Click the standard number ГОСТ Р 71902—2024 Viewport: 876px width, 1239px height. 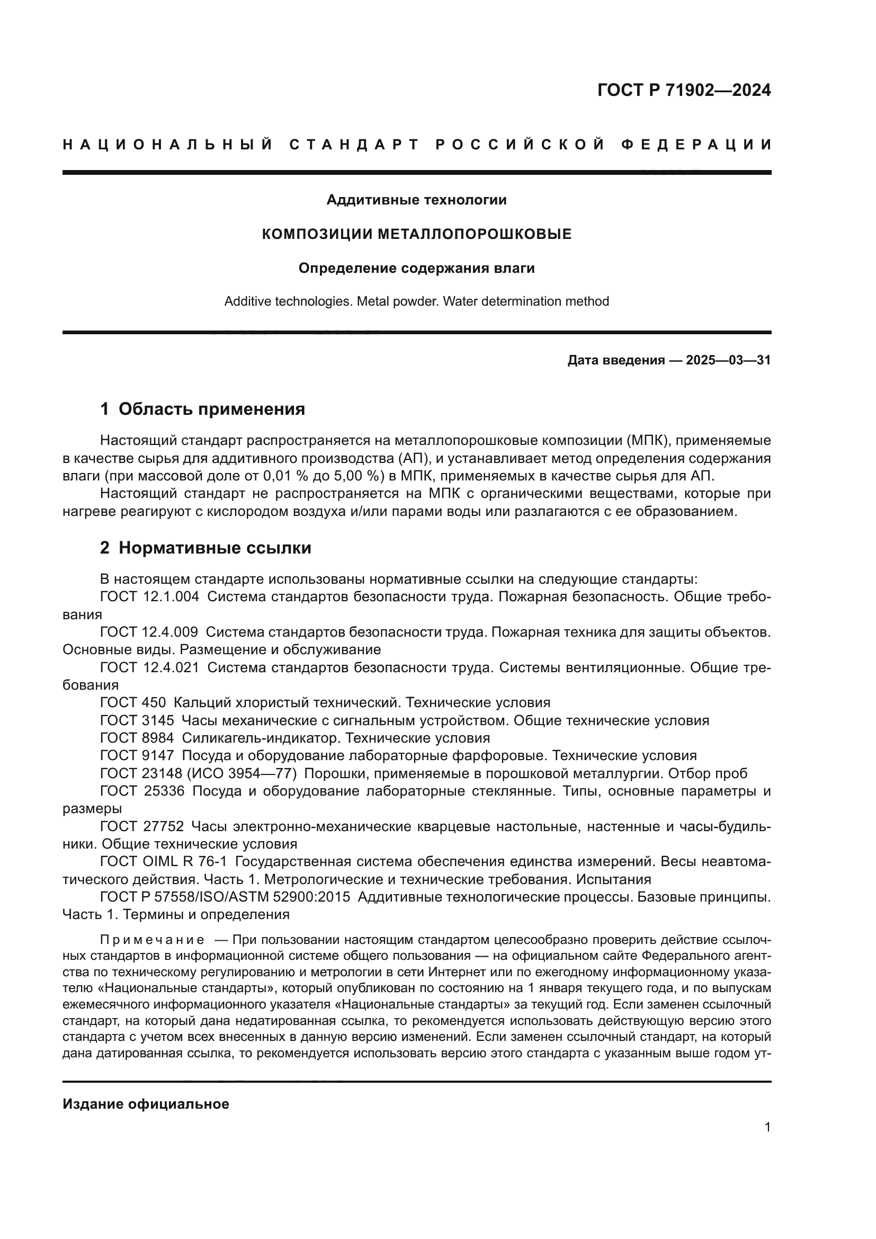click(684, 90)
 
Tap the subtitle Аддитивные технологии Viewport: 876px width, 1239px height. click(416, 200)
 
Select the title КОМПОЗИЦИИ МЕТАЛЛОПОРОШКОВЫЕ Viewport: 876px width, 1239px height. click(416, 234)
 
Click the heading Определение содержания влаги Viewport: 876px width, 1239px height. click(416, 268)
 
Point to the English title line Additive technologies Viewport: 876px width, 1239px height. click(416, 301)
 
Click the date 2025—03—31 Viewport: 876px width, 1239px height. click(728, 361)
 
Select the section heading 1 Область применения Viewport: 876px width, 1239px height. click(202, 409)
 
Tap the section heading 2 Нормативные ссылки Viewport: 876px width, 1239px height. click(205, 548)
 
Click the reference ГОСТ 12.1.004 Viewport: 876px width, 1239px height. click(149, 597)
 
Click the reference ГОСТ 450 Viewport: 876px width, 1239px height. click(133, 702)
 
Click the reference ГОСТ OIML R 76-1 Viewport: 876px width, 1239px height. click(164, 862)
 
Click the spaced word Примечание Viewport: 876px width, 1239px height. click(152, 940)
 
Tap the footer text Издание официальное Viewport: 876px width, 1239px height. click(146, 1104)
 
